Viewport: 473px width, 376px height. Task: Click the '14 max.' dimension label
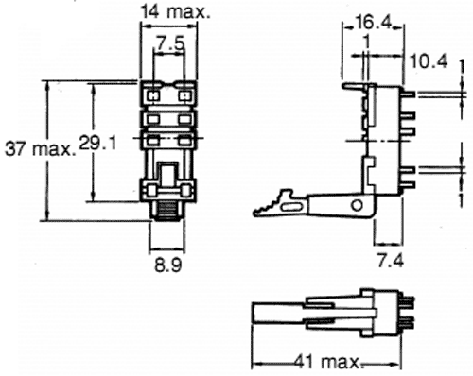(x=174, y=13)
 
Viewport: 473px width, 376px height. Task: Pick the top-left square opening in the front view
(x=153, y=94)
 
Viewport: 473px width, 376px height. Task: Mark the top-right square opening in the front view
(x=184, y=94)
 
